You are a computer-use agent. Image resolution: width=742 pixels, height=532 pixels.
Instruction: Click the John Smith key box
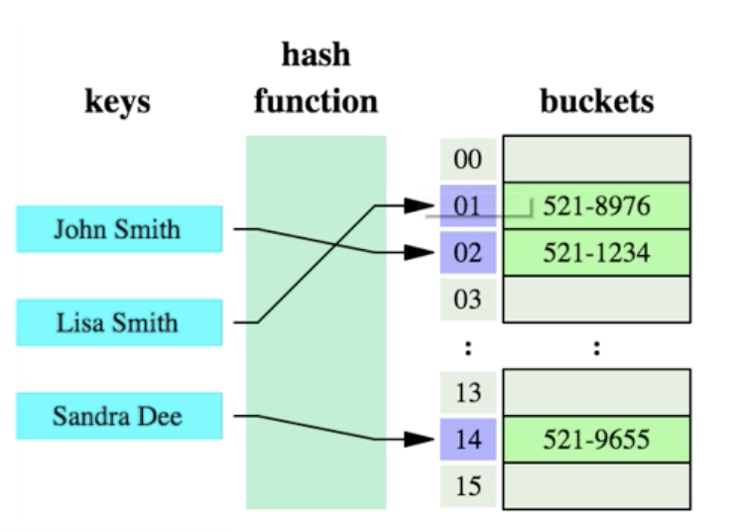118,229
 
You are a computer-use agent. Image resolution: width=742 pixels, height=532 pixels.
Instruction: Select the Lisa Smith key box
118,323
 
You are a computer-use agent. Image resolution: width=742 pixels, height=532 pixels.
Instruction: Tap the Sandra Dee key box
118,416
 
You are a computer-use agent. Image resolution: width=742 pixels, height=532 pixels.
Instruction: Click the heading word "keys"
117,101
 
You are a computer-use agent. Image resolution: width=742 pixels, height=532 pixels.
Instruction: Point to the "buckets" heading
596,101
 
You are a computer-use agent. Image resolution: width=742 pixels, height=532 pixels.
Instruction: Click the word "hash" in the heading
315,55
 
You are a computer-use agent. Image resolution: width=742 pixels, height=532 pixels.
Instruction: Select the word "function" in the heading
315,101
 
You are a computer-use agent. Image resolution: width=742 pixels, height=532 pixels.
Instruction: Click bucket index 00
467,159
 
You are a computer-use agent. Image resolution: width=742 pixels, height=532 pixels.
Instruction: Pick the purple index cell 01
467,206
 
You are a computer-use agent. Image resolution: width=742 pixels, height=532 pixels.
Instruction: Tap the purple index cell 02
467,252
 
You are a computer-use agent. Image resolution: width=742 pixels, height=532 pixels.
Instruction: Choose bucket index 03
467,299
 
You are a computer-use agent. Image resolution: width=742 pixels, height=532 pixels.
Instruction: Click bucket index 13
467,392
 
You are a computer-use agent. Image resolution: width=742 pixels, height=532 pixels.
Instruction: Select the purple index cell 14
467,439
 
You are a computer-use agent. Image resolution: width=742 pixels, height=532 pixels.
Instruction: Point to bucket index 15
467,485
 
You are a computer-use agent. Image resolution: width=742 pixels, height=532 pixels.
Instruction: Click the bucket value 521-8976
596,206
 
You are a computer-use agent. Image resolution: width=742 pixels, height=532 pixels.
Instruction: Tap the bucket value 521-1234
596,252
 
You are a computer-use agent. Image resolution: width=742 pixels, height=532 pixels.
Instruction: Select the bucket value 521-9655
596,439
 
